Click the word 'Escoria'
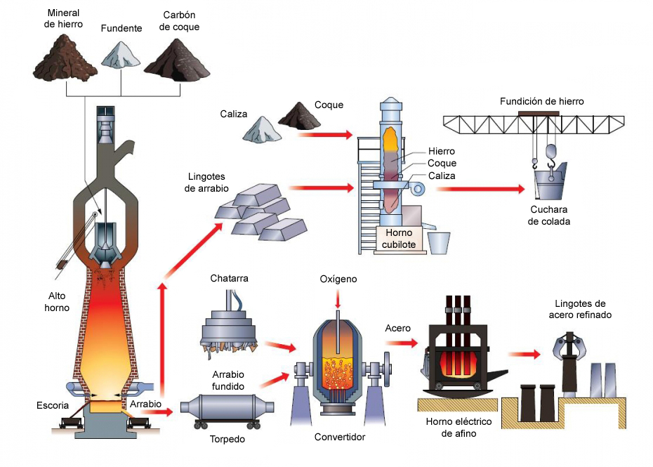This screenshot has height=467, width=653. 53,405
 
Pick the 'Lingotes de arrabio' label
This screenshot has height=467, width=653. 208,183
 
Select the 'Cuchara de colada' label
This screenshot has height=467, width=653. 550,216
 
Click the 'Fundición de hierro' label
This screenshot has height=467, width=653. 541,101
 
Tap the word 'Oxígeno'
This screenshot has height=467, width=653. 338,279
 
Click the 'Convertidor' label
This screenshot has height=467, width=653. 340,438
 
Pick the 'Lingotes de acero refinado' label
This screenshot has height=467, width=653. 579,309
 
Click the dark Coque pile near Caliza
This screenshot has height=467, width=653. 299,117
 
